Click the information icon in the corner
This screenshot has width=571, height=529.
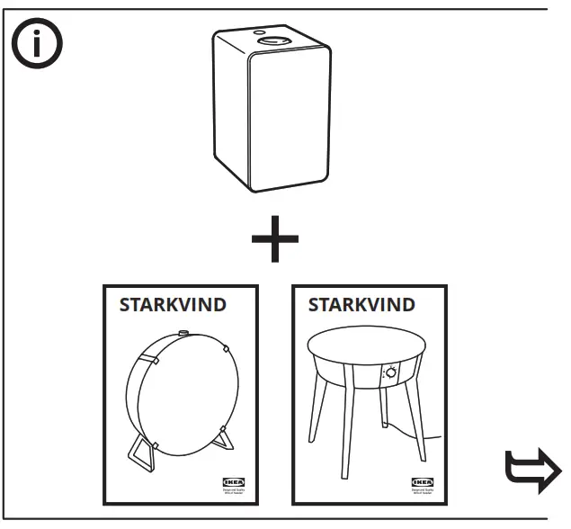[x=35, y=44]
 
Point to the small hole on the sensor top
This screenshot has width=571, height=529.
[x=259, y=30]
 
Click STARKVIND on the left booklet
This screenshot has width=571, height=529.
[x=173, y=304]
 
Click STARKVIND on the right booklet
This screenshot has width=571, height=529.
[x=361, y=304]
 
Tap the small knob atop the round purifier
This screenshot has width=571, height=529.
[x=184, y=334]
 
